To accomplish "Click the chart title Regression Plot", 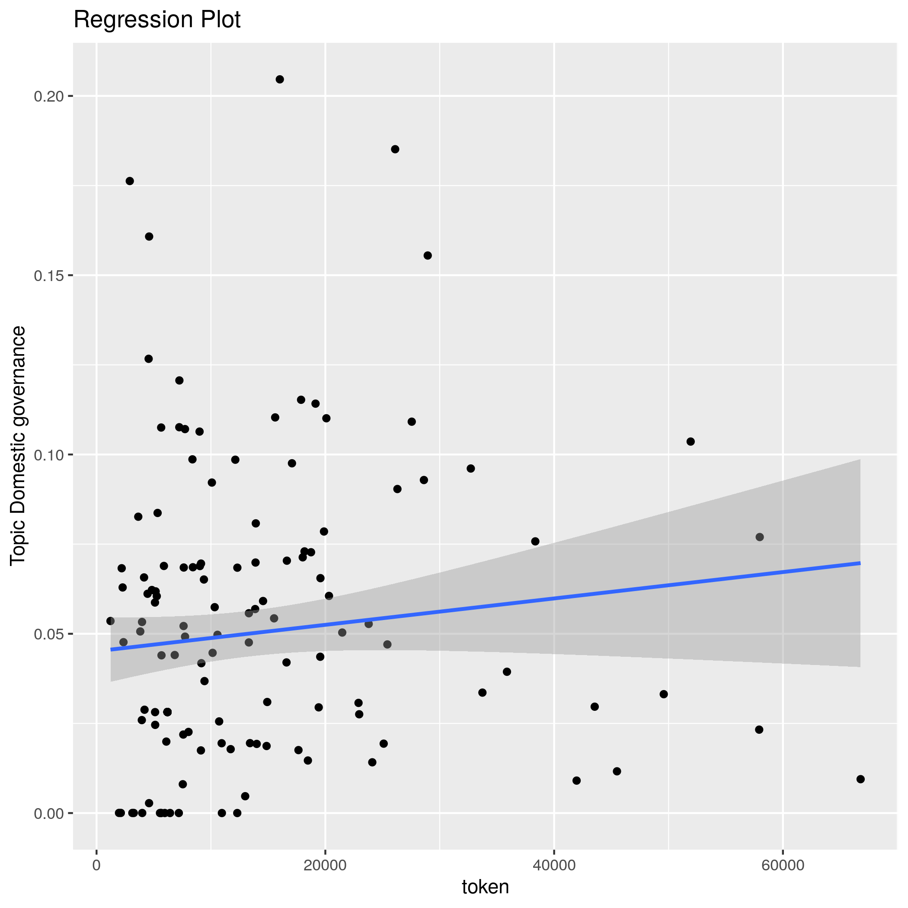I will (157, 20).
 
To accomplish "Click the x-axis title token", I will (486, 887).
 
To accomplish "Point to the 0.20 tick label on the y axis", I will (48, 96).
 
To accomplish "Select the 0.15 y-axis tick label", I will (48, 275).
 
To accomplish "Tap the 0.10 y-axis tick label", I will (48, 455).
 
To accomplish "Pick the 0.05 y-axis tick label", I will (48, 634).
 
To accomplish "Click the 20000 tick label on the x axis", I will (325, 866).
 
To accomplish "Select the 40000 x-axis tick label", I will (554, 866).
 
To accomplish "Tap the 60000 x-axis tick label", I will (783, 866).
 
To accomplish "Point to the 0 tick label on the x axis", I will (97, 866).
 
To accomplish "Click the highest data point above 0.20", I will (280, 80).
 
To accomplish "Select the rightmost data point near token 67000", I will (860, 779).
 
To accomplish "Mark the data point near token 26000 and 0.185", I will (395, 150).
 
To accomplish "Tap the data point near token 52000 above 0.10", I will (691, 441).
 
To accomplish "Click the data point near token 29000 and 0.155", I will (428, 256).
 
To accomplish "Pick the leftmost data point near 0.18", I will (130, 181).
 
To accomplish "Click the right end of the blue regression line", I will (860, 563).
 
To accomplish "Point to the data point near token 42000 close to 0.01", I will (577, 780).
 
